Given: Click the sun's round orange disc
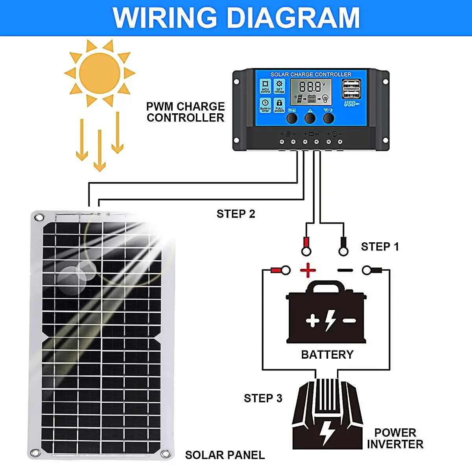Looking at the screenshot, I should tap(100, 73).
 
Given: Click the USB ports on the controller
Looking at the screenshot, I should tap(351, 89).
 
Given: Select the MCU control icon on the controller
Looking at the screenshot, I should tap(265, 86).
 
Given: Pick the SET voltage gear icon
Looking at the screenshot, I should tap(279, 86).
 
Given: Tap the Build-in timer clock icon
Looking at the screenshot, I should tap(265, 105).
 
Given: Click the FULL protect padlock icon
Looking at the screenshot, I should tap(279, 105).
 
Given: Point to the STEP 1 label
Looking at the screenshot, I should tap(380, 247).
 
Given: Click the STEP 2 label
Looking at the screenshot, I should tap(236, 214).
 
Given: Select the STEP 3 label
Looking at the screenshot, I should tap(263, 398).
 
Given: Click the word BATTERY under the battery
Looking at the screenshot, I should tap(327, 355).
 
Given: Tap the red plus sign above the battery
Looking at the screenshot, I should tap(308, 270).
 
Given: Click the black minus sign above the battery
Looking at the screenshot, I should tap(345, 270).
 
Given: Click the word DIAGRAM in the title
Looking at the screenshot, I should tap(293, 18).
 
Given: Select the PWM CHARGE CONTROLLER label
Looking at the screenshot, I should tap(185, 112).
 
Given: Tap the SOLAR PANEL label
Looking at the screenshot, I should tap(225, 455).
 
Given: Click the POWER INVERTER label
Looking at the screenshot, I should tap(395, 439).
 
